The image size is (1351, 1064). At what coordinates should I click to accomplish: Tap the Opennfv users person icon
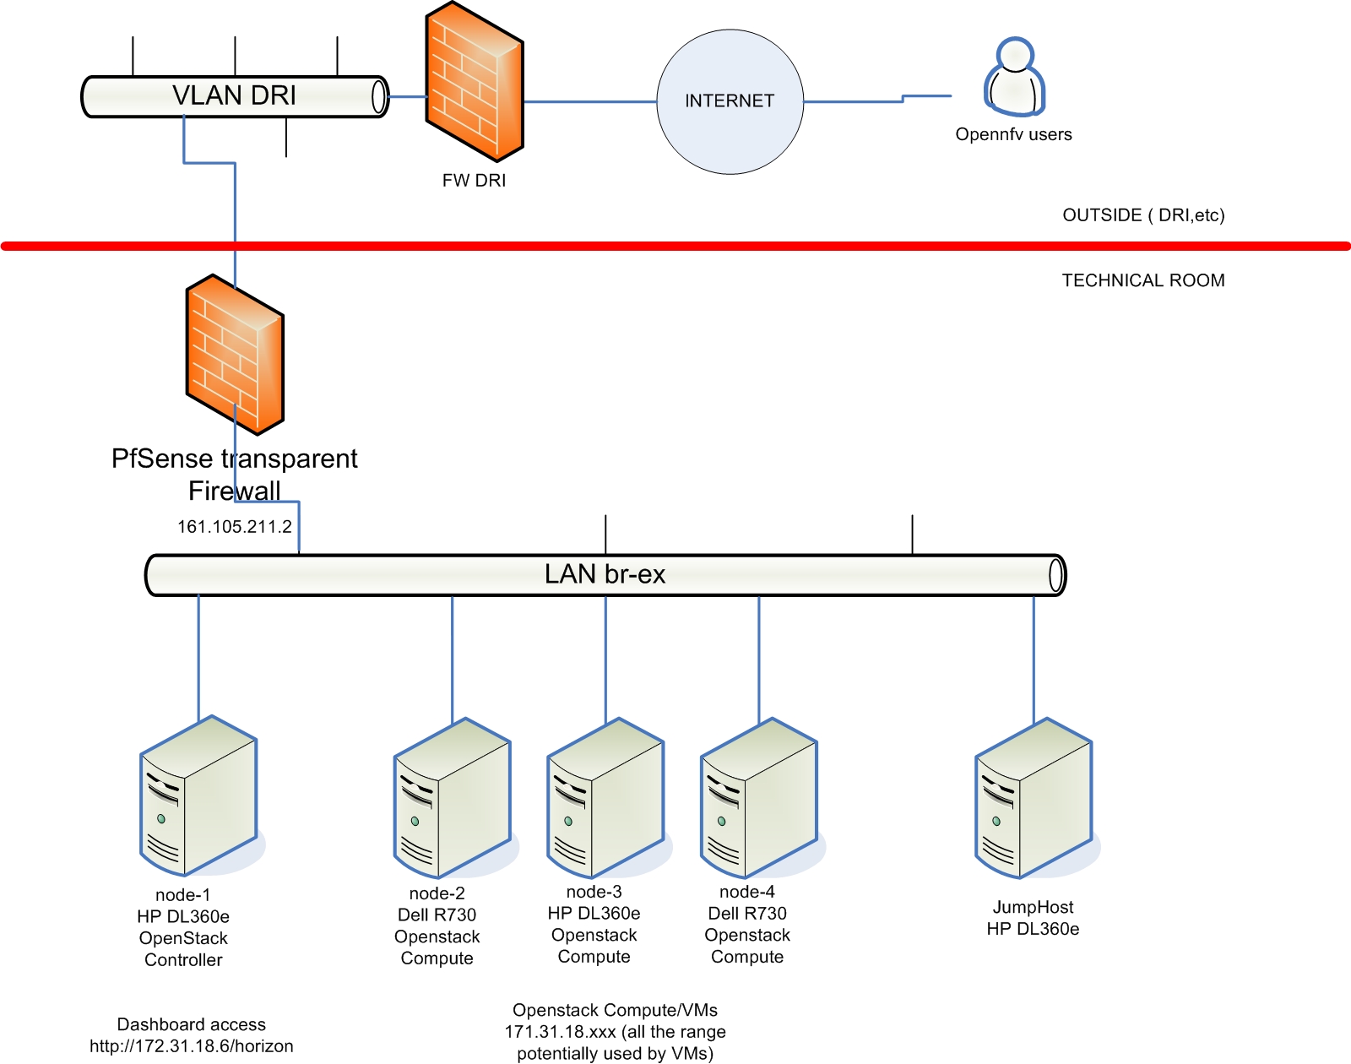pos(1014,77)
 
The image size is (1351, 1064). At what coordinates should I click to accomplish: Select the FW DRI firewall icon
pos(475,82)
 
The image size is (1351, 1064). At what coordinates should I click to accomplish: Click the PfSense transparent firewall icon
pos(235,355)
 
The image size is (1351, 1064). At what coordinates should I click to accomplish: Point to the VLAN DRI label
pos(234,95)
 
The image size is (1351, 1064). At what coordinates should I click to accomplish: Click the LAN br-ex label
pos(605,574)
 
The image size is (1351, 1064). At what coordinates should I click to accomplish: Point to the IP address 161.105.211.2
pos(234,527)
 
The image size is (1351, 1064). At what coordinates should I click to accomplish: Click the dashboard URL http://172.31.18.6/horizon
pos(192,1046)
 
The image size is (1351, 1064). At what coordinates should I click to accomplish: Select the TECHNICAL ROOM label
pos(1143,280)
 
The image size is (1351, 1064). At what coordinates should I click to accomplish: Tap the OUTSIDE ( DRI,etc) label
pos(1143,215)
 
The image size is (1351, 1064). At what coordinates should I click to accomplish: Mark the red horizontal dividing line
pos(675,247)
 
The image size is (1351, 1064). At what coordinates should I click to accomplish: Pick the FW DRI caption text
pos(474,181)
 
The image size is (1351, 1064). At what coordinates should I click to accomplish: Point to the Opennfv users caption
pos(1013,134)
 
